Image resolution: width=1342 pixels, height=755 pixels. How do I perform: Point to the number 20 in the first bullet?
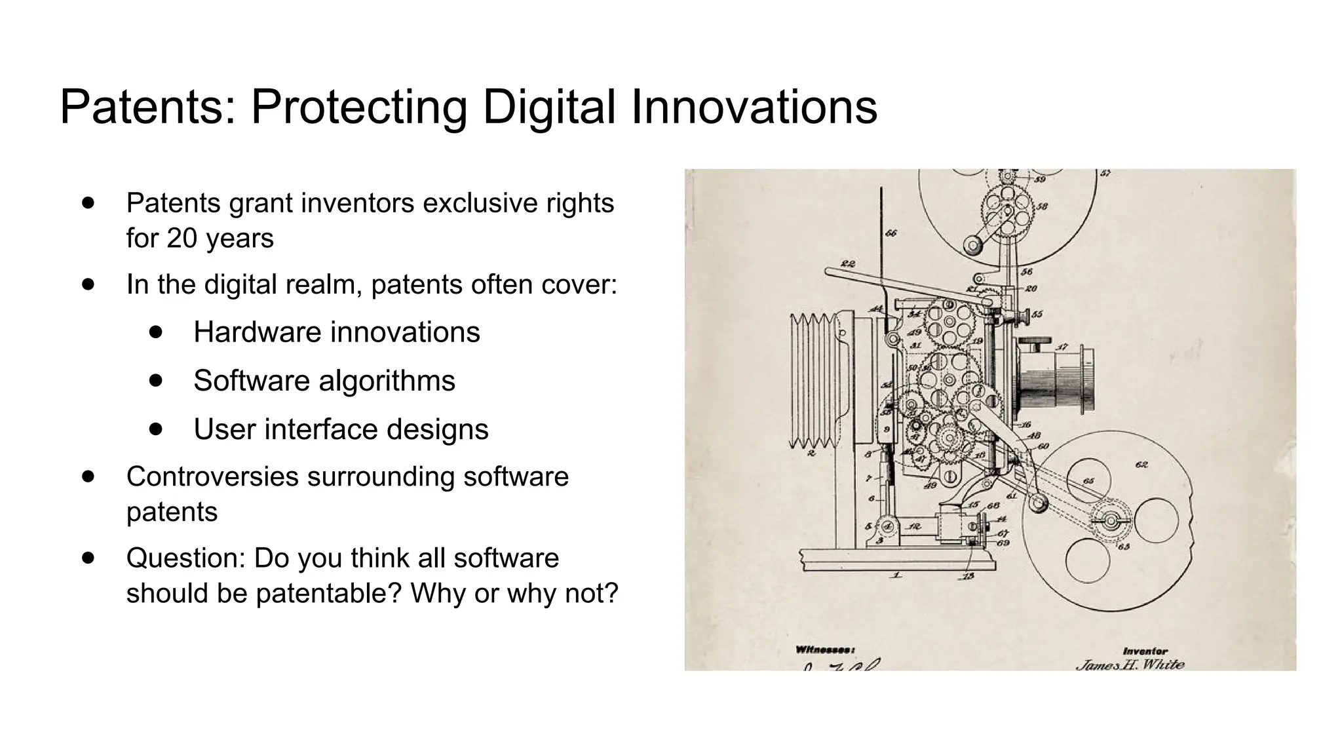[x=182, y=238]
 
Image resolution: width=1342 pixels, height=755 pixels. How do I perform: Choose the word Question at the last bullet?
[x=185, y=558]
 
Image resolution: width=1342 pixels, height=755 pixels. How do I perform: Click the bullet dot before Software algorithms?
[x=155, y=380]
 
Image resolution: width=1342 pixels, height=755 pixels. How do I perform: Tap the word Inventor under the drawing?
[x=1145, y=651]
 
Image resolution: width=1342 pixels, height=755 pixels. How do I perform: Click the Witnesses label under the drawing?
[x=824, y=649]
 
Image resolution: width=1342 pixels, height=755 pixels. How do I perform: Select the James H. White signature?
[x=1130, y=664]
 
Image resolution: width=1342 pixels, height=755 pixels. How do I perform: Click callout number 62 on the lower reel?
[x=1141, y=465]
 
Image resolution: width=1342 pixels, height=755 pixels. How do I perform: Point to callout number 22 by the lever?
[x=848, y=263]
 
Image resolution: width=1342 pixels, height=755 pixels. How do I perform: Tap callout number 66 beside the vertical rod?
[x=891, y=233]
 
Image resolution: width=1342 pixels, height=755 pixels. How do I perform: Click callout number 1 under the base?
[x=896, y=575]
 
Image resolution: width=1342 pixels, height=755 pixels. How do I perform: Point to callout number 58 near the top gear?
[x=1042, y=206]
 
